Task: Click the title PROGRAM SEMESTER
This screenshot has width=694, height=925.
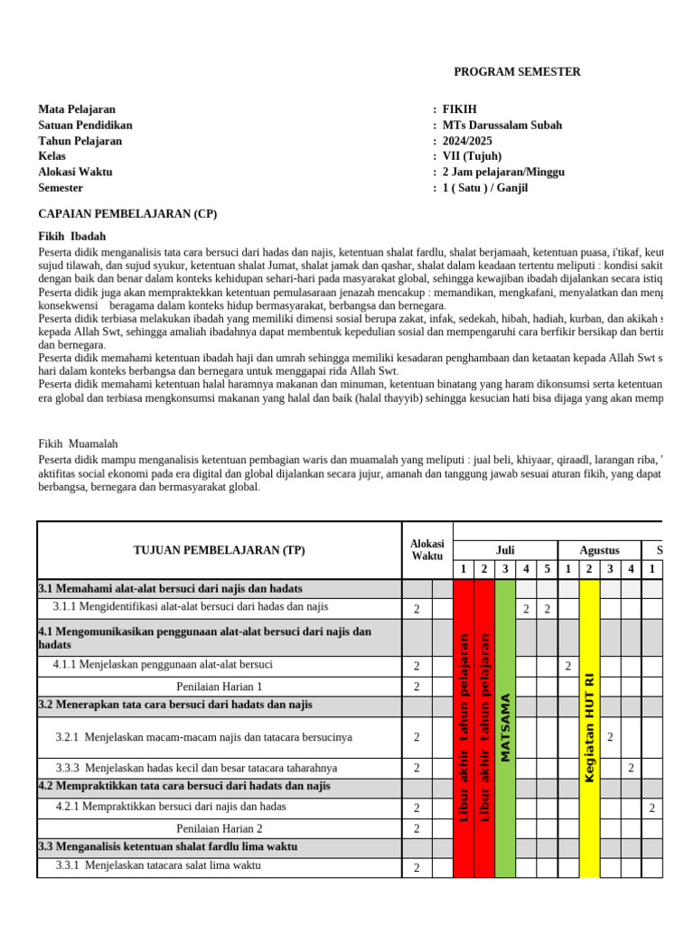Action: click(517, 72)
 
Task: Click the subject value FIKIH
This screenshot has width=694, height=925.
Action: click(459, 109)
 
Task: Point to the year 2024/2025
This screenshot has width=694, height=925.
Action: click(467, 141)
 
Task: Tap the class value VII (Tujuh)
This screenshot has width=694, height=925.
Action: click(472, 156)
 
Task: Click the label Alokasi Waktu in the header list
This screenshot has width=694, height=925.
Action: click(75, 172)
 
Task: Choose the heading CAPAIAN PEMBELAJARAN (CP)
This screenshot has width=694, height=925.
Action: click(127, 214)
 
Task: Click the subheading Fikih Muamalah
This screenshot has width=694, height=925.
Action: click(78, 444)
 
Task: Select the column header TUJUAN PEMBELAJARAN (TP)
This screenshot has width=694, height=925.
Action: click(219, 550)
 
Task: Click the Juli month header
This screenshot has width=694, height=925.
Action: click(505, 550)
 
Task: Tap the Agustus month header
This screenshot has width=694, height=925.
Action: click(600, 550)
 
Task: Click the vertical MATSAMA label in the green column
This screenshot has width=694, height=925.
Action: click(505, 727)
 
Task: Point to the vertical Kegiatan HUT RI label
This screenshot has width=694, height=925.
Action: click(589, 727)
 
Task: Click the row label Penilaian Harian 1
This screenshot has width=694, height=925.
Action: click(219, 687)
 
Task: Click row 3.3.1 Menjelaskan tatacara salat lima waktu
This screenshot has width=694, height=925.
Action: click(158, 865)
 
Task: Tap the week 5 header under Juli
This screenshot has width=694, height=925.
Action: click(547, 569)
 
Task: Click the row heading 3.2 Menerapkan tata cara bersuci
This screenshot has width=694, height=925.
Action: click(175, 705)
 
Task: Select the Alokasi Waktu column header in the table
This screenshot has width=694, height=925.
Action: click(427, 550)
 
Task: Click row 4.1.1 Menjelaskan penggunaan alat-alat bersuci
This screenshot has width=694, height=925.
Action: click(163, 665)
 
